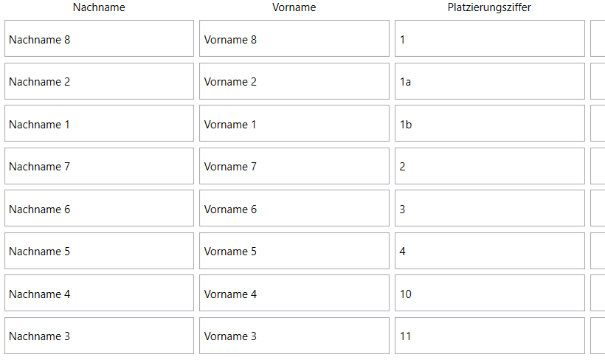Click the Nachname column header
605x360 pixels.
coord(99,7)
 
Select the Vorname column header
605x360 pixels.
coord(294,7)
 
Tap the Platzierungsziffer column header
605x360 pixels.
coord(489,7)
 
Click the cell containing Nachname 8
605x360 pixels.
coord(99,38)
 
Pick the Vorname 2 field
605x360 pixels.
coord(294,81)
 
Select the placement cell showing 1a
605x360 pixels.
coord(490,81)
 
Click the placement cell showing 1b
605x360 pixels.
coord(490,123)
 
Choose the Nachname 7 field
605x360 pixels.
coord(99,166)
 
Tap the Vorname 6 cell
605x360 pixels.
coord(294,208)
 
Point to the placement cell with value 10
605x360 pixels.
coord(490,293)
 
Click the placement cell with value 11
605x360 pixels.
coord(490,336)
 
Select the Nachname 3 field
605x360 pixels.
coord(99,336)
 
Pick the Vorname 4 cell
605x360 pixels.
coord(294,293)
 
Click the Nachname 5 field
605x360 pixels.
coord(99,251)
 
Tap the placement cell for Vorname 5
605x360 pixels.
coord(490,251)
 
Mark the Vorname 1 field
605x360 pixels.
coord(294,123)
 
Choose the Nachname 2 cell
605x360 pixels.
coord(99,81)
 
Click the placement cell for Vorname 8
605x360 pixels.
coord(490,38)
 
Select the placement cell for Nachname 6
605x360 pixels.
coord(490,208)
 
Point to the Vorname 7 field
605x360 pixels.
coord(294,166)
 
